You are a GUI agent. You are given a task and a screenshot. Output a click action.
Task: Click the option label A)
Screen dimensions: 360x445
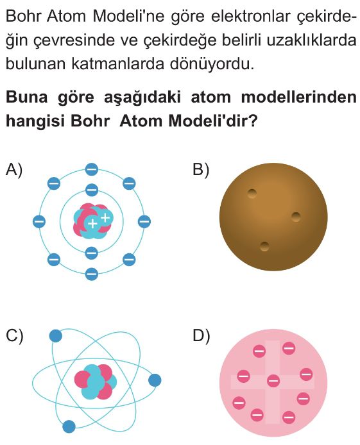click(14, 171)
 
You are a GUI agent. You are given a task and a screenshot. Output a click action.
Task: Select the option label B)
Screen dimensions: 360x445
click(201, 171)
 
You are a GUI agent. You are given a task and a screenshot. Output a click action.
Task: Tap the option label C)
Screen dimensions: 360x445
click(15, 336)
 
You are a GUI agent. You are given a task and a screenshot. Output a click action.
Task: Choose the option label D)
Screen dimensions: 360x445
click(201, 336)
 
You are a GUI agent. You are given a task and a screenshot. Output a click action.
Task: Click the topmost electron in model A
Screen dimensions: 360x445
click(91, 170)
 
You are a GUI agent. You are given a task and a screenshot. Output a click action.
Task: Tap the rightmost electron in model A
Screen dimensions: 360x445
click(144, 221)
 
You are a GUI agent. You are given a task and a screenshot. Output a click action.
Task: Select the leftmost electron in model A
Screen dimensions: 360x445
click(39, 221)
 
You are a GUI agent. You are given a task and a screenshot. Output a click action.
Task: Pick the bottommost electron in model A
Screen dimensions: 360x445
click(91, 274)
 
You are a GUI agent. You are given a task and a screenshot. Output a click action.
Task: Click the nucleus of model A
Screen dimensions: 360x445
click(93, 221)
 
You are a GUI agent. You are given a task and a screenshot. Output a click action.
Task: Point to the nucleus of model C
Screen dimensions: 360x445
click(96, 382)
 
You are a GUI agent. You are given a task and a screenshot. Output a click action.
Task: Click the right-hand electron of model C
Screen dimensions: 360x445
click(155, 380)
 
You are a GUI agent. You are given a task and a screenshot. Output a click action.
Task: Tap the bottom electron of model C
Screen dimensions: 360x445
click(69, 426)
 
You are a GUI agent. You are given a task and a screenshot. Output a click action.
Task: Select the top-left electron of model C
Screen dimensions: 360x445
click(56, 336)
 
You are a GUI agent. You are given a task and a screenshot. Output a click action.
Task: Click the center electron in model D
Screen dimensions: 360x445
click(273, 381)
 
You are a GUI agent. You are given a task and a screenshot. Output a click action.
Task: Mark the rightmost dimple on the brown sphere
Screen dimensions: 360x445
click(296, 217)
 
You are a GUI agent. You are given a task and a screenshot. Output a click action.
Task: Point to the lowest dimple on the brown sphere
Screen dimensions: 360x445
click(264, 247)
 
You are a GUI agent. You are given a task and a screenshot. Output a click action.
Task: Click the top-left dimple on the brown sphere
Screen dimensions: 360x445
click(252, 194)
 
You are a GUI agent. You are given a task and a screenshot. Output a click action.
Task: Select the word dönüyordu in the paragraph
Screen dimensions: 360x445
click(212, 63)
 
